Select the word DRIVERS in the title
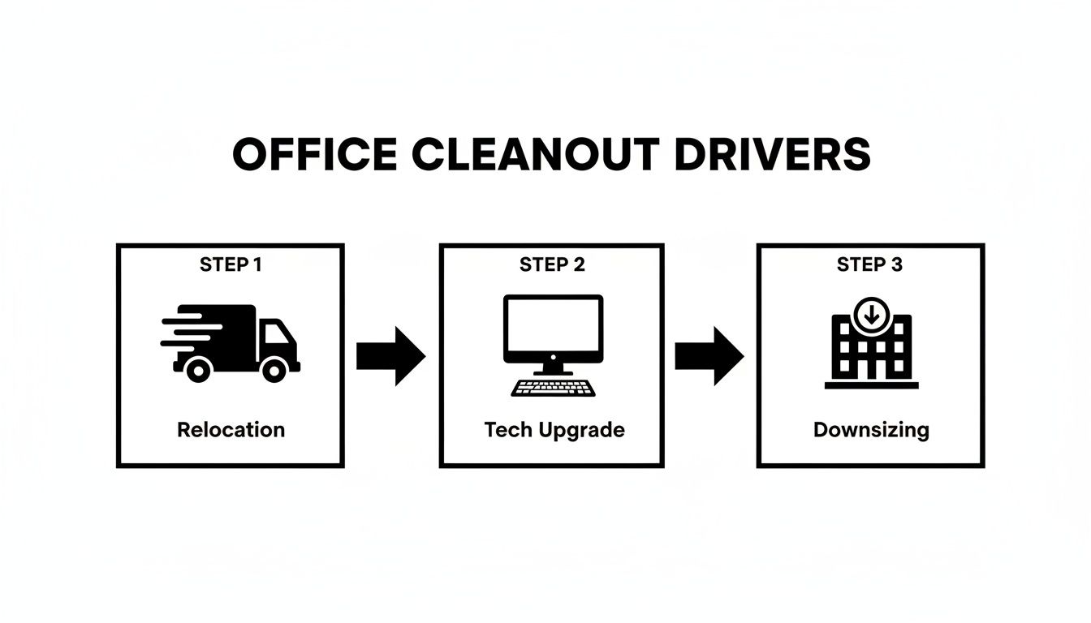[x=772, y=154]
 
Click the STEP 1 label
[x=231, y=264]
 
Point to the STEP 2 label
[x=552, y=264]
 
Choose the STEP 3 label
[x=869, y=264]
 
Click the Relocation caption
[x=231, y=429]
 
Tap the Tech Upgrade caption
[x=554, y=429]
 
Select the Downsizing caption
[x=871, y=429]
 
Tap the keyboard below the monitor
[x=553, y=387]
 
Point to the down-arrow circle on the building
[x=871, y=313]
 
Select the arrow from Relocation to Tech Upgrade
[x=391, y=355]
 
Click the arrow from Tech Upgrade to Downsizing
[x=709, y=355]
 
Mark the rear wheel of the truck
[x=197, y=370]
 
